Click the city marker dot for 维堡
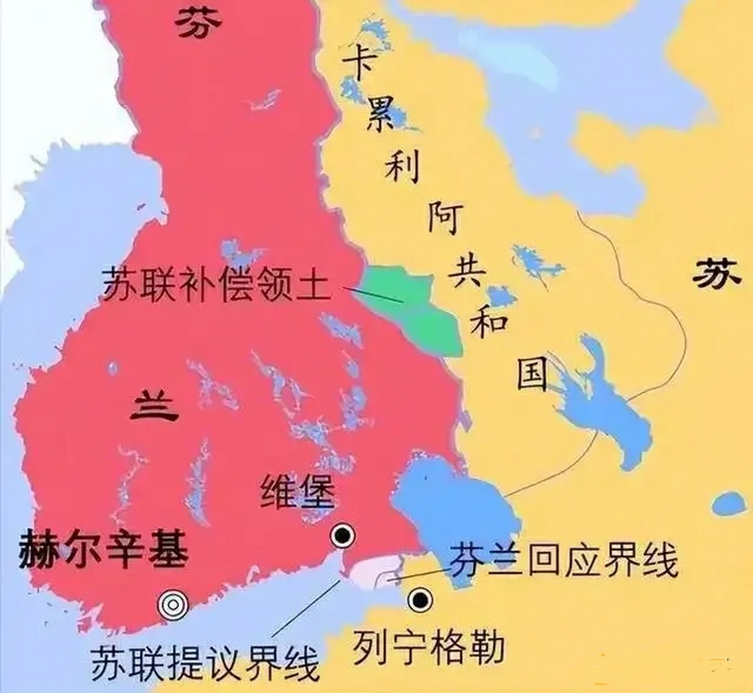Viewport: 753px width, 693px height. (x=343, y=535)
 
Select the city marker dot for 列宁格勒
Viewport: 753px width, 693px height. (x=420, y=599)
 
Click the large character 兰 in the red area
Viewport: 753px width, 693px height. (x=155, y=407)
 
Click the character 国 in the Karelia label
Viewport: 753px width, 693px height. (x=532, y=374)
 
